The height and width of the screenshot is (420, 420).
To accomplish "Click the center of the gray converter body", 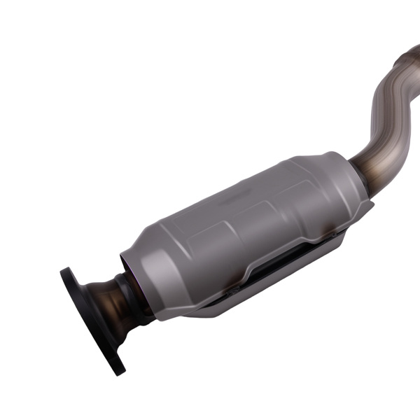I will [x=245, y=224].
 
